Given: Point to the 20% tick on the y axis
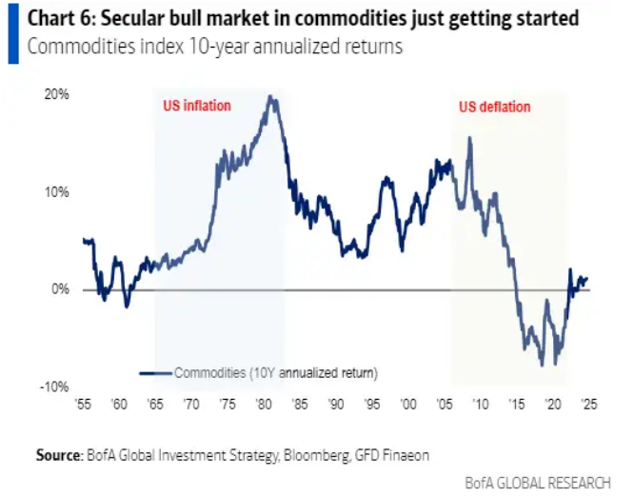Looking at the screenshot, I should click(x=56, y=94).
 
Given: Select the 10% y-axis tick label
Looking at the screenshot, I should click(x=56, y=191).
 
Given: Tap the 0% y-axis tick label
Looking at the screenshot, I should click(x=59, y=289).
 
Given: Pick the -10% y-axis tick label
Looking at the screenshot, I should click(x=55, y=387).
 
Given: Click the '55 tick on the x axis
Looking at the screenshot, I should click(x=84, y=405).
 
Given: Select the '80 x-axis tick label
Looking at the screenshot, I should click(x=265, y=405).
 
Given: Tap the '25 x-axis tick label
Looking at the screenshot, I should click(x=590, y=405).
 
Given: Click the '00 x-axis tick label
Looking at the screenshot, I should click(x=409, y=405).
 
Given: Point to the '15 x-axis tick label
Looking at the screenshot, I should click(x=518, y=405).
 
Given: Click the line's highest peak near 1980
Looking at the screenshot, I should click(x=272, y=96).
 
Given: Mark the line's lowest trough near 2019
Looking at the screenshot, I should click(x=542, y=366).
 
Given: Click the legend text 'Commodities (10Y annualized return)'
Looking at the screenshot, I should click(x=275, y=371).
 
